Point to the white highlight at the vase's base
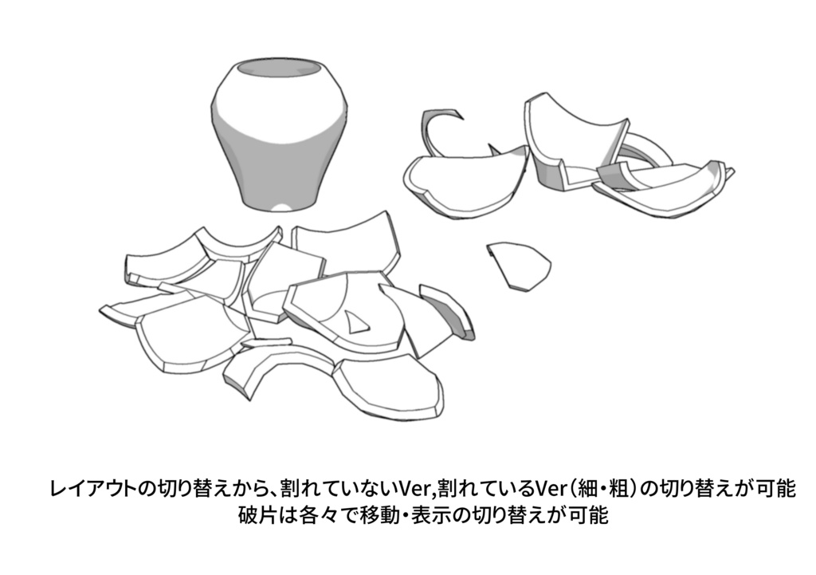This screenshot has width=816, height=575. (281, 207)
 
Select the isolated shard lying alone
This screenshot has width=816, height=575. (519, 264)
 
